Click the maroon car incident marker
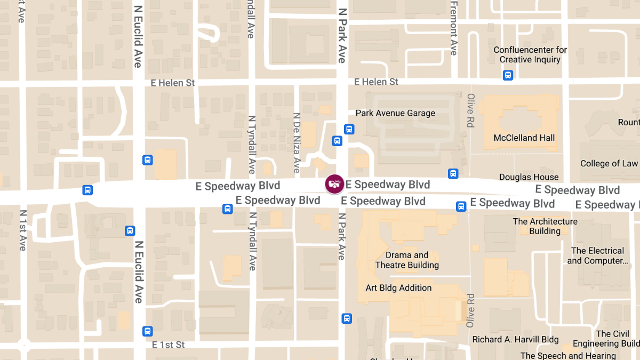click(334, 185)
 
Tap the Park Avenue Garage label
click(395, 113)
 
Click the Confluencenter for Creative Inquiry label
click(530, 54)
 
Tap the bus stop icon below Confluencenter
click(508, 75)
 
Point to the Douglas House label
click(529, 177)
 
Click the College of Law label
click(609, 164)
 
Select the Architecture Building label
click(545, 226)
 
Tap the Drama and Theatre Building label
click(407, 260)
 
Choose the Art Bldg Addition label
click(398, 288)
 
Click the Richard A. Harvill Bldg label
click(515, 340)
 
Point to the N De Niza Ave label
click(297, 142)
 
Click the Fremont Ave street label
click(453, 28)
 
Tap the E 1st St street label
click(168, 345)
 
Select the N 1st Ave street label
click(22, 230)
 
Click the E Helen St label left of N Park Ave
click(173, 83)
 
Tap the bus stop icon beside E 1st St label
click(148, 331)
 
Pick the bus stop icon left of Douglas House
click(453, 173)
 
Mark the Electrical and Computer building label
click(597, 255)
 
